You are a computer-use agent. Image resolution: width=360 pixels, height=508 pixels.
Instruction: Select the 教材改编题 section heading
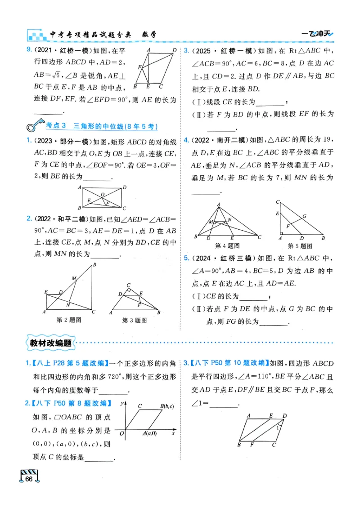tap(50, 343)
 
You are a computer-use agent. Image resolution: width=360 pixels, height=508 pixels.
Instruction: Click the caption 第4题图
tap(227, 246)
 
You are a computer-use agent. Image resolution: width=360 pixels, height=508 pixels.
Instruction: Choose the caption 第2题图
tap(68, 320)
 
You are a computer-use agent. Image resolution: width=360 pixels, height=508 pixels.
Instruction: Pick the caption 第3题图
tap(135, 320)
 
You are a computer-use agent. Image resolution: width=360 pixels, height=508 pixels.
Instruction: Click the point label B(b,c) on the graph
tap(167, 407)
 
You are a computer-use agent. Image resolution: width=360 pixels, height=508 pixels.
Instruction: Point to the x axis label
tap(173, 434)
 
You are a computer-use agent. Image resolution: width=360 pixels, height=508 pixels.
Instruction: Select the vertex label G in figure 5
tap(305, 216)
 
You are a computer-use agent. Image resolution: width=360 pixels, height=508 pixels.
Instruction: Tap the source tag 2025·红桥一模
tap(218, 50)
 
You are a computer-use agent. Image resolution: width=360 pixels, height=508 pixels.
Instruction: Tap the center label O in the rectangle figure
tap(103, 195)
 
